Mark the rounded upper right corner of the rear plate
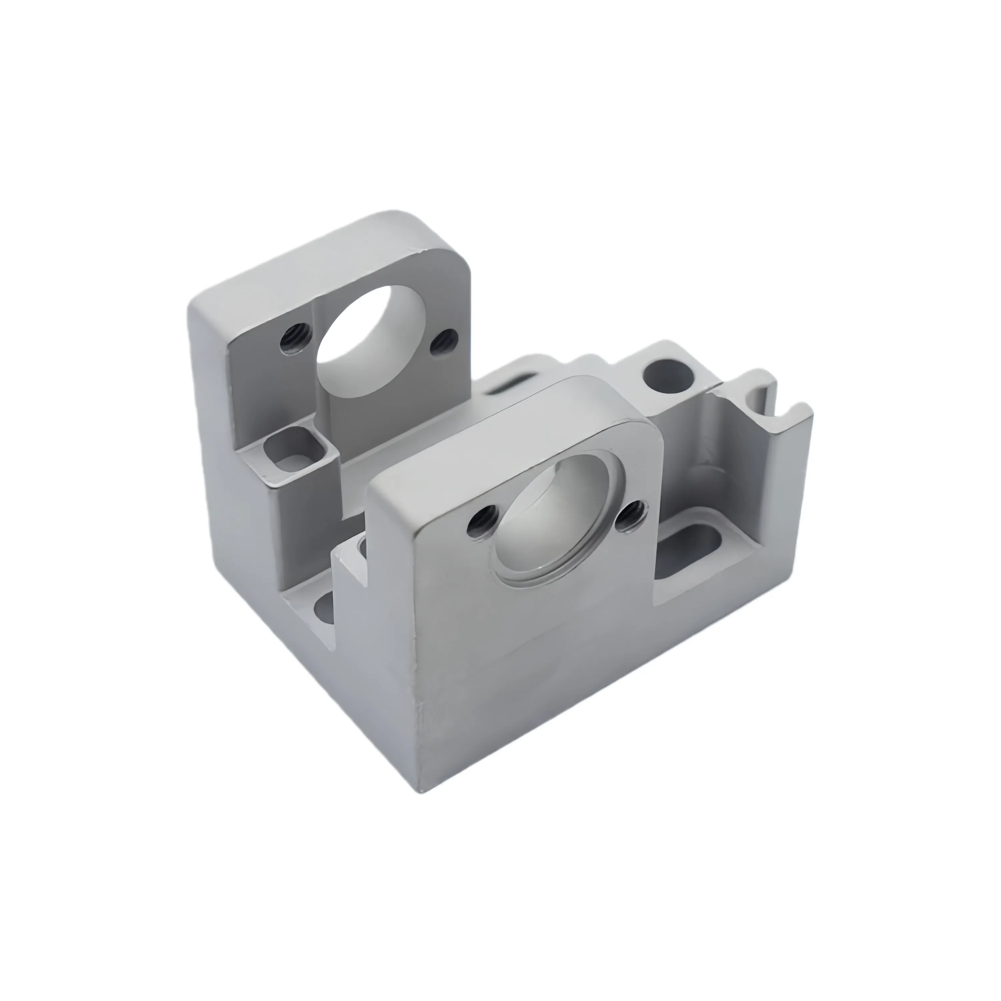click(456, 259)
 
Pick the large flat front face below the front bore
click(529, 674)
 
